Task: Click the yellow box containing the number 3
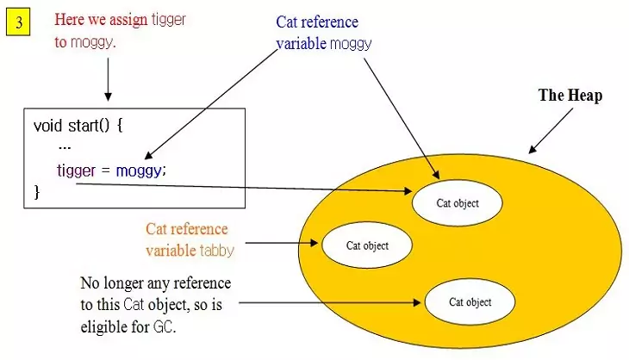click(x=18, y=22)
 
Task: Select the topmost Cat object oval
click(x=456, y=202)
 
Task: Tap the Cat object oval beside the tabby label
click(x=367, y=245)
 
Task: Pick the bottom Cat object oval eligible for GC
click(x=470, y=302)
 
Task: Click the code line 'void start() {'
click(x=78, y=125)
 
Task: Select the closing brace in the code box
click(x=37, y=191)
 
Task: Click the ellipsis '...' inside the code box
click(x=65, y=147)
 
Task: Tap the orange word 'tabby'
click(x=216, y=250)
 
